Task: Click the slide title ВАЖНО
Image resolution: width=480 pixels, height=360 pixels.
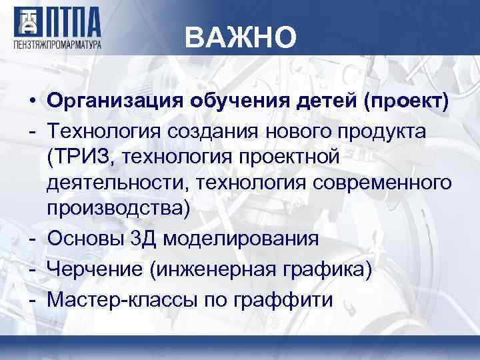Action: click(x=239, y=38)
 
